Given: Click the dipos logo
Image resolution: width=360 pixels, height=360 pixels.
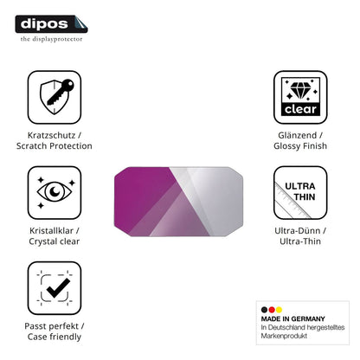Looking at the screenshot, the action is [x=51, y=24].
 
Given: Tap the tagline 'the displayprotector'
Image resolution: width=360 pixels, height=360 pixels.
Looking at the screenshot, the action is [x=51, y=39].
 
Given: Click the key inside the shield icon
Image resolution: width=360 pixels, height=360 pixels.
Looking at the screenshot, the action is [x=61, y=92].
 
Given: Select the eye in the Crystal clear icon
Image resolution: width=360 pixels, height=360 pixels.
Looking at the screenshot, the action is [x=55, y=191].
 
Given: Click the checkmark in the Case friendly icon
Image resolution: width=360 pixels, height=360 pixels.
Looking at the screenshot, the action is [x=58, y=288].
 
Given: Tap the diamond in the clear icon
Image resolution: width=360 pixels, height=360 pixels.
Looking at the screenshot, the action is [x=300, y=91].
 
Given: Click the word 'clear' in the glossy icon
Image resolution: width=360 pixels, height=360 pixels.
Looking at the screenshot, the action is [x=300, y=109].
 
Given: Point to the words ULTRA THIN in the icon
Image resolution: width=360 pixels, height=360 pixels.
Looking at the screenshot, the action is [x=300, y=191].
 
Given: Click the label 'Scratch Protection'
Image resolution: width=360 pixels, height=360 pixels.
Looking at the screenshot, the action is [x=55, y=146].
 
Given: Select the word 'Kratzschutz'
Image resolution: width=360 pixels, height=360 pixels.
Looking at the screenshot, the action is [x=51, y=135].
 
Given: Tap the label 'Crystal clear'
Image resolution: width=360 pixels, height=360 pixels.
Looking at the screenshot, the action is [x=55, y=241].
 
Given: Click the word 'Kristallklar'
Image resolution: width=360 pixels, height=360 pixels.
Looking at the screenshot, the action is [x=51, y=231].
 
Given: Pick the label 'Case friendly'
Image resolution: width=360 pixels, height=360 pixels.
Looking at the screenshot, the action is [x=55, y=337].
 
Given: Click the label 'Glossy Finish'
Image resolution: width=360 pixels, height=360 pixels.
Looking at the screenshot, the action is [x=300, y=146].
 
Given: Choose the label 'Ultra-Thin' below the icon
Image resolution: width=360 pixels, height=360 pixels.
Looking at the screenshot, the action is [x=300, y=241].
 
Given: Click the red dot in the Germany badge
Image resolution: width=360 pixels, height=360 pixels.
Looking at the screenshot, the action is [x=272, y=310].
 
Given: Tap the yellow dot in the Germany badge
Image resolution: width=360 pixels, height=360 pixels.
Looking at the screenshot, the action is [x=279, y=310].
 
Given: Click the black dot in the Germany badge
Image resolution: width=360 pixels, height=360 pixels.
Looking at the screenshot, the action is [x=264, y=310].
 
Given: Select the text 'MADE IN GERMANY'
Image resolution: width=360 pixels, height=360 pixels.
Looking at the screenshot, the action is [x=293, y=318].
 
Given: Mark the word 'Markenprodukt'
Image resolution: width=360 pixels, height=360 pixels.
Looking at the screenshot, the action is [x=284, y=336].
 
